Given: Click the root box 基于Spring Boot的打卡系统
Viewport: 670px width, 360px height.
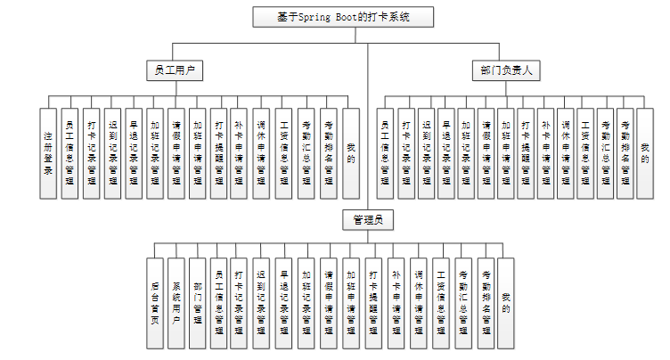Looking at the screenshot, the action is point(344,17).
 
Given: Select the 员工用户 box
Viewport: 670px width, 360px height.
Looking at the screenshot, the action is point(174,70).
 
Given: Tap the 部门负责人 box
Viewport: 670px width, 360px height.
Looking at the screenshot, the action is point(502,70).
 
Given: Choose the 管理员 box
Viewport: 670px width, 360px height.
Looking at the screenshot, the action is point(368,219).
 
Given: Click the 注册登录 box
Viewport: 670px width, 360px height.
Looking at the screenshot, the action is point(48,152).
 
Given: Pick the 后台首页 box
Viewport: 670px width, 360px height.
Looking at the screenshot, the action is point(155,302).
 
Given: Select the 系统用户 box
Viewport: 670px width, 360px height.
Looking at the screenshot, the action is point(176,302).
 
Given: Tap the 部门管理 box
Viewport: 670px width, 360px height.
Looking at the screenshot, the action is point(198,302).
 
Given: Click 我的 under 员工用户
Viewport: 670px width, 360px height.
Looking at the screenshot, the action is point(351,152).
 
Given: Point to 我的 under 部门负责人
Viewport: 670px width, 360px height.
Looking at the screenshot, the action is point(645,146).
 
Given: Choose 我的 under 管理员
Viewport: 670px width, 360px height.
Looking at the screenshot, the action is point(506,302).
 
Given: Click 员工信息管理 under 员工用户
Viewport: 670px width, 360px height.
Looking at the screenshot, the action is point(69,152).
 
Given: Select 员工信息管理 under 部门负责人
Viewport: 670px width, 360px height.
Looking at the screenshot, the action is point(385,152).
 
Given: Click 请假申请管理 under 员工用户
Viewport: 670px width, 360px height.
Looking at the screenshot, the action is point(176,152).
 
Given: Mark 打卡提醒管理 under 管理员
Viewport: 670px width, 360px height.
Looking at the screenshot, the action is point(374,302).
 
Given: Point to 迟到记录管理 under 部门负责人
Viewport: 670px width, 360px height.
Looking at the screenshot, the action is point(425,152).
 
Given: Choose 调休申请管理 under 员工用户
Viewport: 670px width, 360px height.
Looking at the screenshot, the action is point(261,152).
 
